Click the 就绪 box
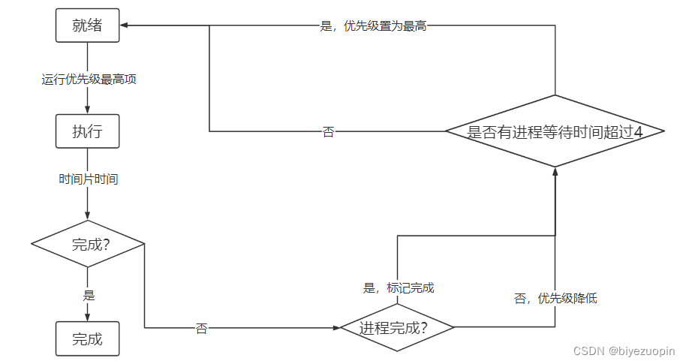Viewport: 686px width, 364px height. click(87, 26)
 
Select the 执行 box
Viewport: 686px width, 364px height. click(87, 132)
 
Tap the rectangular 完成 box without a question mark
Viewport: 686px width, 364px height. click(87, 338)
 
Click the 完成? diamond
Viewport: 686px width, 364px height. click(87, 244)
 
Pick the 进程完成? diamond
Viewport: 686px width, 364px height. click(397, 327)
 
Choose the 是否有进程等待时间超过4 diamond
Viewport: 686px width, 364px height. click(555, 131)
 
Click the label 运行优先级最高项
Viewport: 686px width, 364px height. click(89, 79)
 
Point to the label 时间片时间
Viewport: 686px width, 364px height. click(89, 179)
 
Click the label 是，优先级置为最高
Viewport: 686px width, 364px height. click(373, 26)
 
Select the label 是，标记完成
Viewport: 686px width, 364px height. click(399, 287)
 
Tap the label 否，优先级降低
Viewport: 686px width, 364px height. click(555, 298)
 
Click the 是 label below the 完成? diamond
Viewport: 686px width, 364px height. click(89, 296)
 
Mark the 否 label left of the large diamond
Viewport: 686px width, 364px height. click(328, 132)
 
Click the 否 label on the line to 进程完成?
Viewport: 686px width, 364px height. click(201, 329)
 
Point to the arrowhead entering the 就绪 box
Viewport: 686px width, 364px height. click(124, 26)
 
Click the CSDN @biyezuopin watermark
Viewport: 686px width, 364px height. click(624, 350)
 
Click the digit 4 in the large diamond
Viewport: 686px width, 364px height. click(638, 132)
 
